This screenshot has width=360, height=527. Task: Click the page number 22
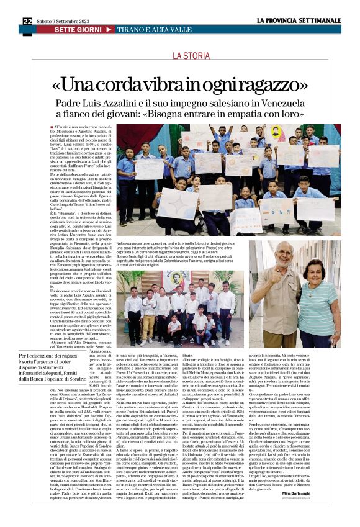27,21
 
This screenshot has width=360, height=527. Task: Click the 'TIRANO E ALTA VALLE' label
148,30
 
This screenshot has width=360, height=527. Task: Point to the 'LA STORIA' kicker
192,56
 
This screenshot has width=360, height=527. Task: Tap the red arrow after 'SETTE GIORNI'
109,30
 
